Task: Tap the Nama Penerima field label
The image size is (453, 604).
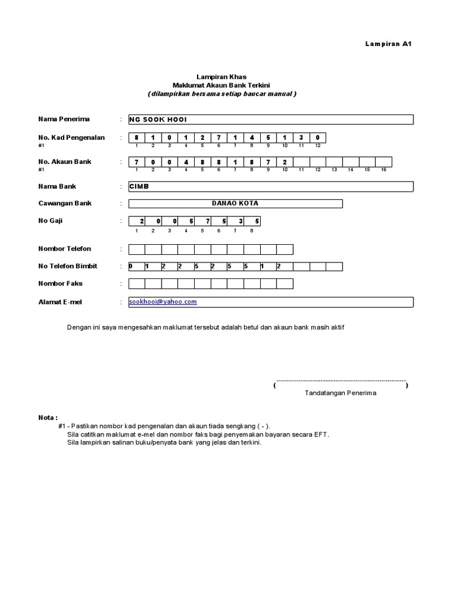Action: [64, 119]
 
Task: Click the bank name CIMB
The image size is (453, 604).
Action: [139, 186]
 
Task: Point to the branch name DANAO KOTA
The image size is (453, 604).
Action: [235, 203]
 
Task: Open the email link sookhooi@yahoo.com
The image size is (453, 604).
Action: [163, 301]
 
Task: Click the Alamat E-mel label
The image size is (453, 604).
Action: [61, 302]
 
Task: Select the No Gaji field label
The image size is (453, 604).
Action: [51, 221]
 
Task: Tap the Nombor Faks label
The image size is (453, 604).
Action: [60, 284]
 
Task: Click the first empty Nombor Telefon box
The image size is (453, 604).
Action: [137, 249]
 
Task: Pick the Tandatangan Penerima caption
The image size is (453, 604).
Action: [340, 393]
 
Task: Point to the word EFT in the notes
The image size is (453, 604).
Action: [320, 434]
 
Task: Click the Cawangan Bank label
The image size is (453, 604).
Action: [65, 203]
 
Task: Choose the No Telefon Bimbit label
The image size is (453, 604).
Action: [68, 266]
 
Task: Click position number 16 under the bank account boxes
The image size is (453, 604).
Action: [383, 170]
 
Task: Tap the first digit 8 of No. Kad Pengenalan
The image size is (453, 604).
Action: [136, 138]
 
